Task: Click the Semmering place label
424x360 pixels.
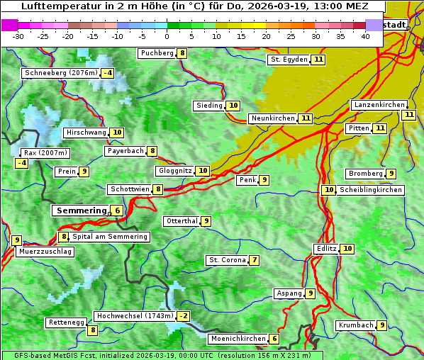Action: [x=79, y=210]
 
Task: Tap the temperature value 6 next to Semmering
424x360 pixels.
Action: [x=116, y=210]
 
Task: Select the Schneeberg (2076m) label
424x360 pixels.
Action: [x=60, y=73]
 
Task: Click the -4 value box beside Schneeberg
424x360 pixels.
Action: [x=108, y=73]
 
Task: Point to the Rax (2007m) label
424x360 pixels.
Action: [x=45, y=153]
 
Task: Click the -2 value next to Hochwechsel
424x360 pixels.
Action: [x=184, y=316]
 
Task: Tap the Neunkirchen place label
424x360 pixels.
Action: [x=272, y=118]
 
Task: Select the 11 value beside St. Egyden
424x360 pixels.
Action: [x=319, y=60]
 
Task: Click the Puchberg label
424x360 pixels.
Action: [x=157, y=53]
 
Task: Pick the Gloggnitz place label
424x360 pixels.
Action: [x=174, y=171]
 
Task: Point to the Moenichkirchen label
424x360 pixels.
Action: [x=238, y=339]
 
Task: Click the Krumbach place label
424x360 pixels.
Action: [x=355, y=325]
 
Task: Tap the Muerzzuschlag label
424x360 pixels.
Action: [x=45, y=252]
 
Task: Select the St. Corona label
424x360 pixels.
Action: [x=226, y=260]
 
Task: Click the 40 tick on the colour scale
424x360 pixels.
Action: [x=365, y=36]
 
